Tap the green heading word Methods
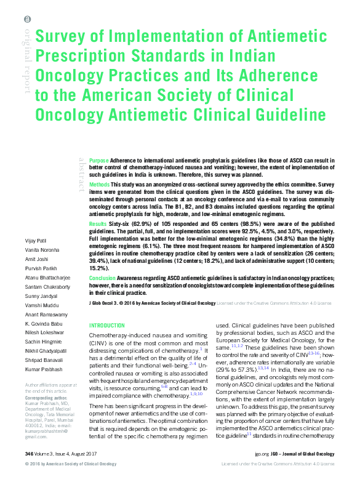click(x=100, y=185)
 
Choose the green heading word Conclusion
click(x=102, y=278)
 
